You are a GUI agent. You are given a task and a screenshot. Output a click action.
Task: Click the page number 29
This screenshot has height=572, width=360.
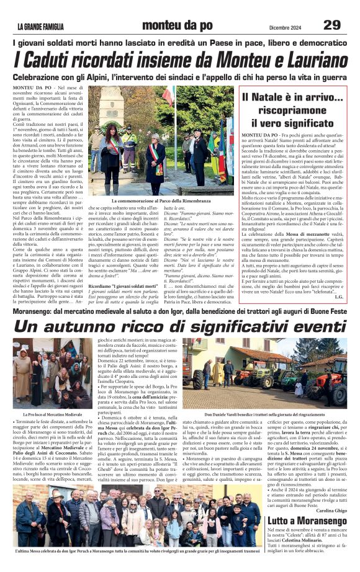click(332, 24)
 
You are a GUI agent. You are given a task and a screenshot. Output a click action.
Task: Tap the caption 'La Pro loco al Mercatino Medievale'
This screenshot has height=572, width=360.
click(52, 414)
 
